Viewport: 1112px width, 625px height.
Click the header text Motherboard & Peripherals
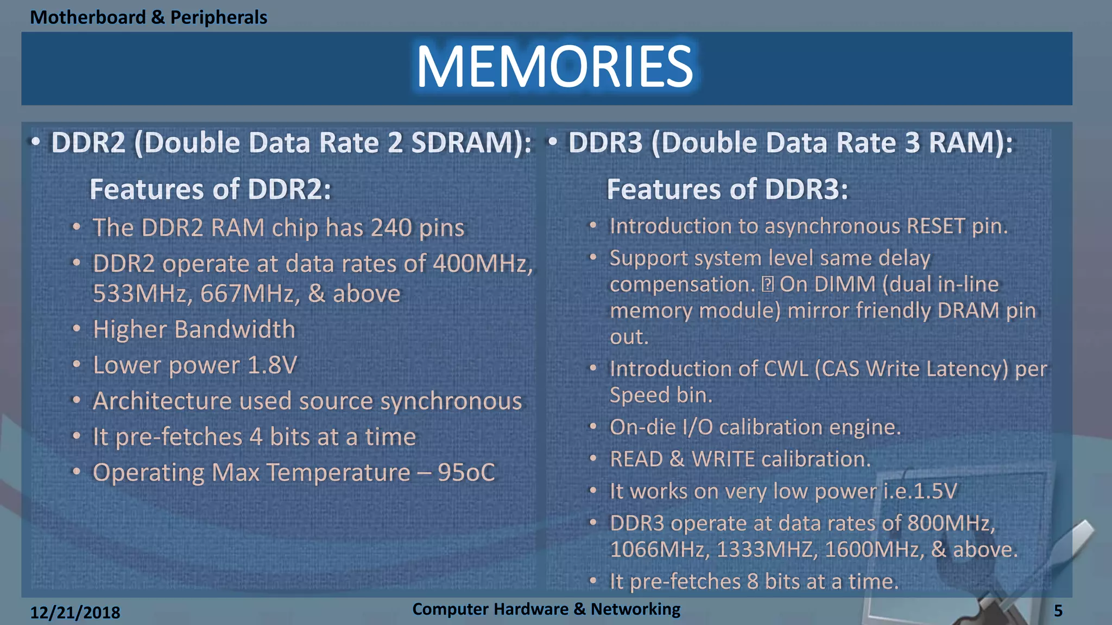(148, 17)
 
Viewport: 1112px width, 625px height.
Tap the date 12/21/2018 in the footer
(75, 613)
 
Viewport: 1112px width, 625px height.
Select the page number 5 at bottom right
(1058, 611)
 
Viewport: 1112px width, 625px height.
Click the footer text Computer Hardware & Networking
(546, 609)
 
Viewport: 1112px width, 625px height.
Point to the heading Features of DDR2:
(210, 189)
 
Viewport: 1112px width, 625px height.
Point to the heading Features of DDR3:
(727, 189)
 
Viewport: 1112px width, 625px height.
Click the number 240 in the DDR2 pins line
(390, 228)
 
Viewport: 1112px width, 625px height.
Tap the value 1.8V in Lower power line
(273, 365)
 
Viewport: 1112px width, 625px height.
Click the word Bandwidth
(235, 329)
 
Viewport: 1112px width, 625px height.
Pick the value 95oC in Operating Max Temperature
(466, 473)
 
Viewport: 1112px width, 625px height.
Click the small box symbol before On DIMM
(767, 284)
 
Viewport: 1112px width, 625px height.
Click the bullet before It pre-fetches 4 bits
(77, 436)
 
